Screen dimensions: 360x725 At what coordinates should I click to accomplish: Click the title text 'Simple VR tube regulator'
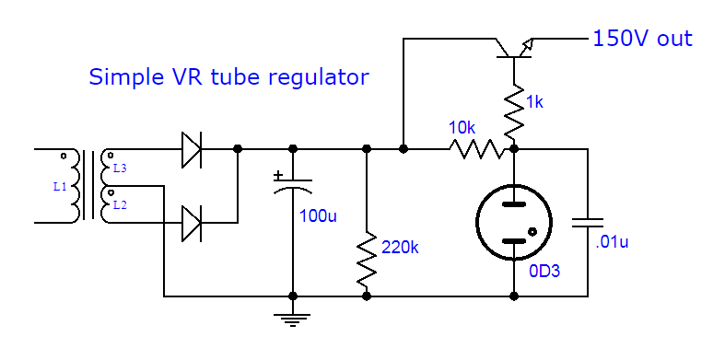tap(228, 77)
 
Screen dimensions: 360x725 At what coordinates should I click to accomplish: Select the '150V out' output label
tap(642, 39)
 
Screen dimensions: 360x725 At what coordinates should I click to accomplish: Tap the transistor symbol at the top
tap(512, 48)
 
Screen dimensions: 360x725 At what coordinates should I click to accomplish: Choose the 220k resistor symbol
tap(368, 258)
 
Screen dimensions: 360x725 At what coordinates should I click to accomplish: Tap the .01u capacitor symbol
tap(587, 222)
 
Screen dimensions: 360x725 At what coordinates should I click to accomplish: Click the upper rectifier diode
tap(192, 148)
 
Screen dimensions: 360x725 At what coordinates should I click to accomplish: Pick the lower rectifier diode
tap(192, 223)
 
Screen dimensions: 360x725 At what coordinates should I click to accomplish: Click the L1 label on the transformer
tap(60, 186)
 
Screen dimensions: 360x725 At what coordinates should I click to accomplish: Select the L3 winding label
tap(120, 168)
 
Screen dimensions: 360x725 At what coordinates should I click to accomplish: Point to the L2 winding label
tap(120, 204)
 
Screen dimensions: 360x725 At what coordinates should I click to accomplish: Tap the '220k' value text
tap(402, 246)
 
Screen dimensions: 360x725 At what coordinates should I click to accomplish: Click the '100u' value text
tap(318, 217)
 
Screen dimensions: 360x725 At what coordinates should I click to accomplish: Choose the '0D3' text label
tap(544, 273)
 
